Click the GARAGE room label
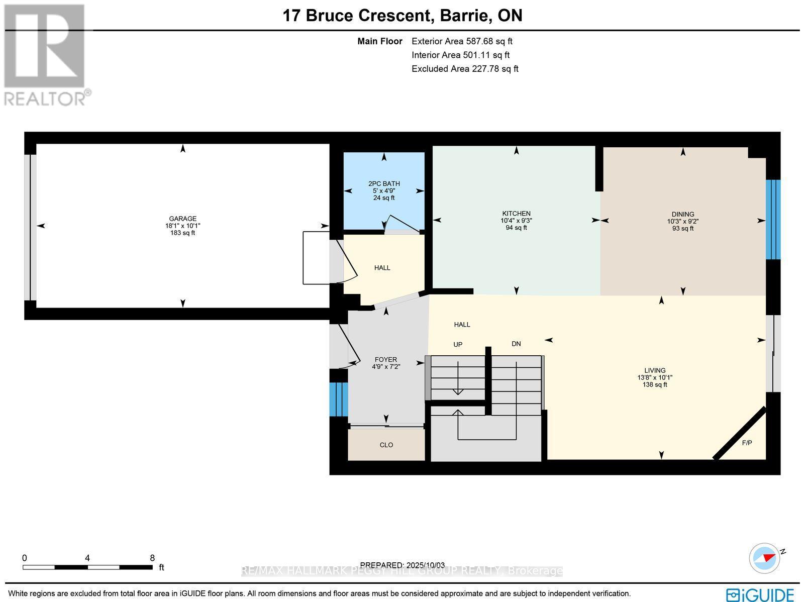point(182,219)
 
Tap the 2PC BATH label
point(384,184)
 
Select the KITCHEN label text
point(516,214)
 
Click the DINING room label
point(682,214)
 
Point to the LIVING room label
point(655,370)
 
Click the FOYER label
point(386,359)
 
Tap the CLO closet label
point(386,445)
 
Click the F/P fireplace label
point(747,443)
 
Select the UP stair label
point(458,345)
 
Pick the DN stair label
point(516,344)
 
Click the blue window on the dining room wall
point(773,220)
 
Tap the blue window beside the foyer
point(339,399)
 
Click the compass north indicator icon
point(765,558)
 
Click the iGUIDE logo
point(760,594)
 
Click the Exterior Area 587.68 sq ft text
point(462,42)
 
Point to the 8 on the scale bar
point(152,558)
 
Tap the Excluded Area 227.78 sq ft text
point(465,69)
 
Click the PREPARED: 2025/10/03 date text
point(403,565)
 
